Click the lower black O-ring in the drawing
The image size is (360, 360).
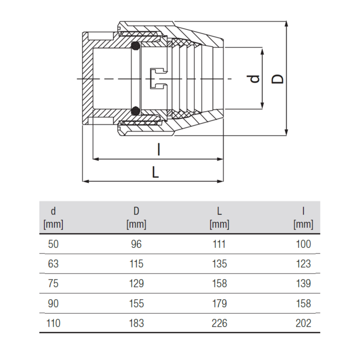tap(135, 111)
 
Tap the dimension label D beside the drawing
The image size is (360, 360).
tap(277, 79)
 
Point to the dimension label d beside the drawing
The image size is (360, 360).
tap(255, 79)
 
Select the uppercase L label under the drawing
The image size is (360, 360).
tap(155, 172)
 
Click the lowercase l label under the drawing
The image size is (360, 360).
tap(158, 150)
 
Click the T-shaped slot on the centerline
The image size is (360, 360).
tap(159, 79)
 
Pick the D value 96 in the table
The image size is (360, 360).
tap(136, 244)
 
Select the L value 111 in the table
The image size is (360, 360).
tap(219, 244)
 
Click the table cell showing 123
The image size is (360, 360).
tap(303, 264)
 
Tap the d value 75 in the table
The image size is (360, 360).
tap(53, 283)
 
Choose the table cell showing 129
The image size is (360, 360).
tap(136, 283)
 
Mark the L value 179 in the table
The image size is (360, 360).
tap(220, 303)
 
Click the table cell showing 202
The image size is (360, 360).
tap(303, 323)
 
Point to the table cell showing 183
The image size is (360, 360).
tap(136, 323)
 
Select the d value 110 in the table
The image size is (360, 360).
tap(53, 323)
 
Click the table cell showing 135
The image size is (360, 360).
tap(220, 264)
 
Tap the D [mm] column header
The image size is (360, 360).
tap(136, 218)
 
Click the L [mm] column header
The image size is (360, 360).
tap(219, 218)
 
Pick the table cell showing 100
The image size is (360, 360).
tap(303, 244)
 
